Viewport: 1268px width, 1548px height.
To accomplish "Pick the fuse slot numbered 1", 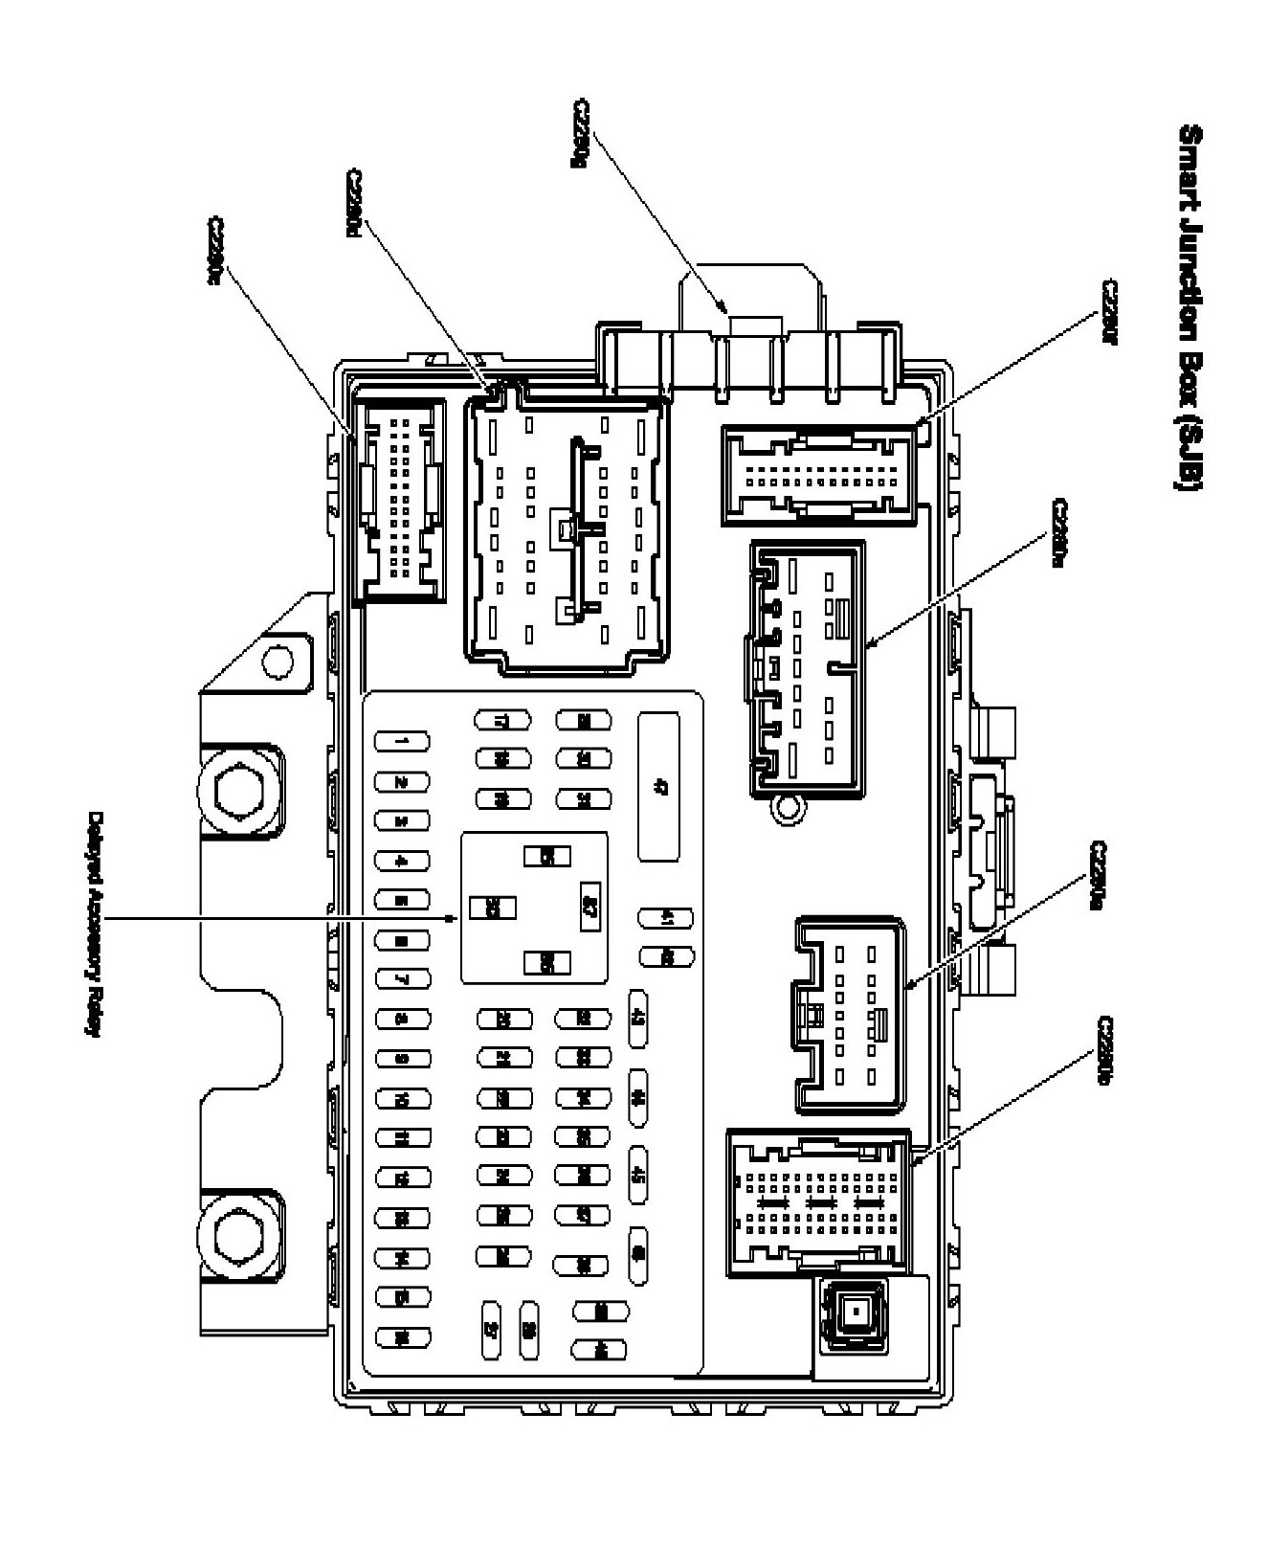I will click(402, 742).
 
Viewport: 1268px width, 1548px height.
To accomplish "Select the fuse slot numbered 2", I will click(402, 781).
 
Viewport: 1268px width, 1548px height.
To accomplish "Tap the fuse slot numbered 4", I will click(402, 861).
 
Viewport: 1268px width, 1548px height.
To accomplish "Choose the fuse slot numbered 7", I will click(402, 979).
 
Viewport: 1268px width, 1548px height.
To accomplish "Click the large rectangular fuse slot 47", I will click(659, 786).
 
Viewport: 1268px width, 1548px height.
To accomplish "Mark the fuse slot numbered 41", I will click(665, 919).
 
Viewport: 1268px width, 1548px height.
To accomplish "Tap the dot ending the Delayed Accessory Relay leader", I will click(452, 919).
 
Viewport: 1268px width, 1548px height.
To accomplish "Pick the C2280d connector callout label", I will click(354, 204).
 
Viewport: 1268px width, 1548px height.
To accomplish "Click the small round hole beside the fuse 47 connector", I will click(786, 809).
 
